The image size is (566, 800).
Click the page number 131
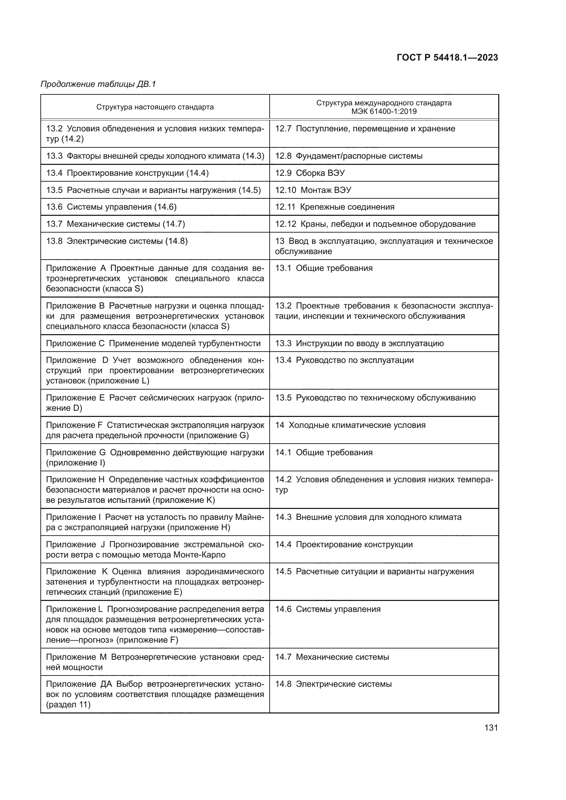click(491, 727)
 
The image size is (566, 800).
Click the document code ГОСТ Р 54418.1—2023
click(447, 58)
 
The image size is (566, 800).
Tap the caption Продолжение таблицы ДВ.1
click(98, 84)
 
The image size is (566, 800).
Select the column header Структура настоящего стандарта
click(155, 107)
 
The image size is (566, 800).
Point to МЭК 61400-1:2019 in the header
click(384, 112)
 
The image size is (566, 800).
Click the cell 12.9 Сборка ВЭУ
click(310, 173)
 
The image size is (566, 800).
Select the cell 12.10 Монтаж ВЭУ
click(313, 190)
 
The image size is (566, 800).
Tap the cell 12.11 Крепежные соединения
click(335, 207)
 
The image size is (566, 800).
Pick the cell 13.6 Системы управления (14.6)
click(111, 207)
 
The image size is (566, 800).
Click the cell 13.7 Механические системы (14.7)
click(115, 224)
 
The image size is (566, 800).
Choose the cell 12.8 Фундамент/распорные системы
click(348, 156)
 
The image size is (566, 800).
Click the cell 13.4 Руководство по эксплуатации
click(344, 360)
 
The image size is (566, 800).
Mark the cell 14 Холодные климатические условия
click(350, 425)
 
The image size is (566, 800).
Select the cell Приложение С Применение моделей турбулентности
click(153, 343)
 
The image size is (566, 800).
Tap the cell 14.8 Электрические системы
click(333, 684)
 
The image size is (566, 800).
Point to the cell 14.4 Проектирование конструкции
click(344, 544)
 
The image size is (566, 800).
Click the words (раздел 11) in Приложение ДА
click(68, 705)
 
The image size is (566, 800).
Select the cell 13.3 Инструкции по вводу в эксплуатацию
click(359, 343)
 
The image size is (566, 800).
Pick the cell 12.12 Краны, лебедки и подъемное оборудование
click(375, 224)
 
